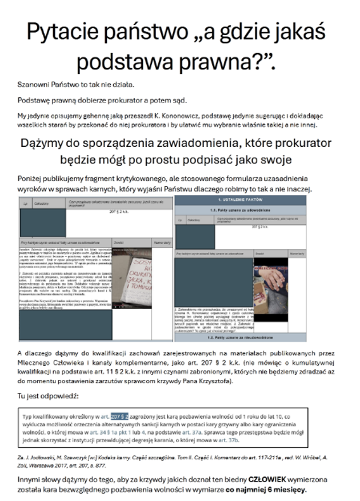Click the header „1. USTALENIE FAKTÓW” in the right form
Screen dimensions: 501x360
[x=240, y=201]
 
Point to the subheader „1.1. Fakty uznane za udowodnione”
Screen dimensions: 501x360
[x=240, y=210]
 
